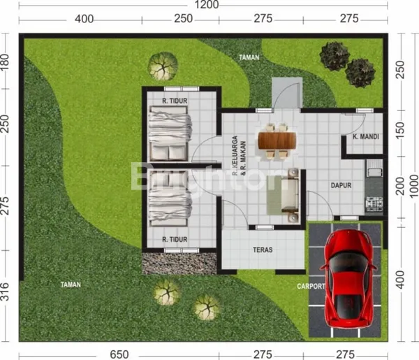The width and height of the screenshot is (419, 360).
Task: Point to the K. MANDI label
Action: click(x=366, y=137)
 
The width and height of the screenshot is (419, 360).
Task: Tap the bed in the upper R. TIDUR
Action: click(x=170, y=136)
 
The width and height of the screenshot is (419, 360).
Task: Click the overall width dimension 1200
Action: click(x=207, y=6)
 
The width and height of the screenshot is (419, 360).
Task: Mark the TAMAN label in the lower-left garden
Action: click(x=71, y=285)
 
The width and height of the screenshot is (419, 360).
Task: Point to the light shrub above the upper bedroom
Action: click(x=162, y=67)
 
